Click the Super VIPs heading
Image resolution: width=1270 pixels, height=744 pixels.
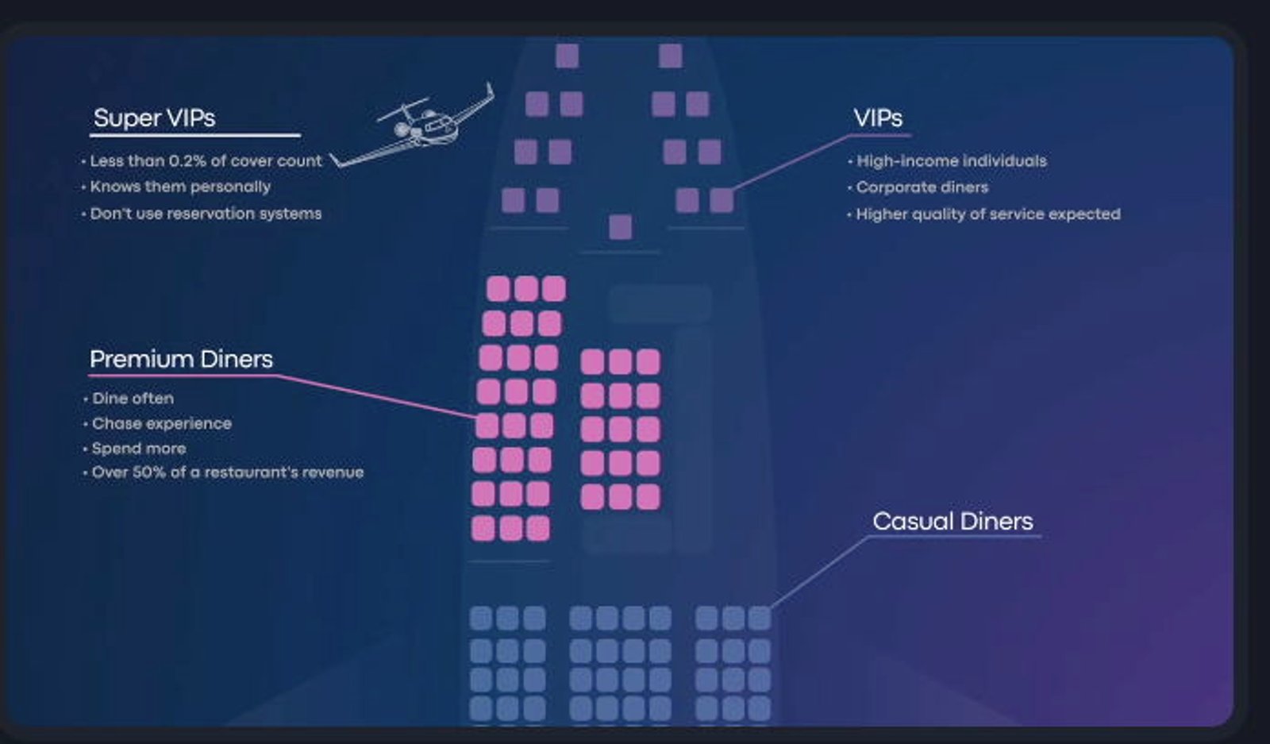point(154,118)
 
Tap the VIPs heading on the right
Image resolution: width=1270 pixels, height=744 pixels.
point(878,118)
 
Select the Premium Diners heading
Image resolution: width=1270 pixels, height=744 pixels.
point(182,359)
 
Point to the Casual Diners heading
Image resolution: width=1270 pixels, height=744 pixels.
point(953,521)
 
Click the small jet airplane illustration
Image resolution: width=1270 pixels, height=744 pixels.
point(413,126)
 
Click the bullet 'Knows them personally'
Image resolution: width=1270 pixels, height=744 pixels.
point(180,187)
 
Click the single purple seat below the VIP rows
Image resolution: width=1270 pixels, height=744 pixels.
point(620,227)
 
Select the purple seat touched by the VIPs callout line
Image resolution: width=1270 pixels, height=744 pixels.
point(722,201)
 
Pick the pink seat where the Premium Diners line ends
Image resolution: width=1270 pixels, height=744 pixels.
point(487,426)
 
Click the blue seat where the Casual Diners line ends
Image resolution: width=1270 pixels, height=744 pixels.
point(759,618)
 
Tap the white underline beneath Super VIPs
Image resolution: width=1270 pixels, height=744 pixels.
point(195,135)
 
